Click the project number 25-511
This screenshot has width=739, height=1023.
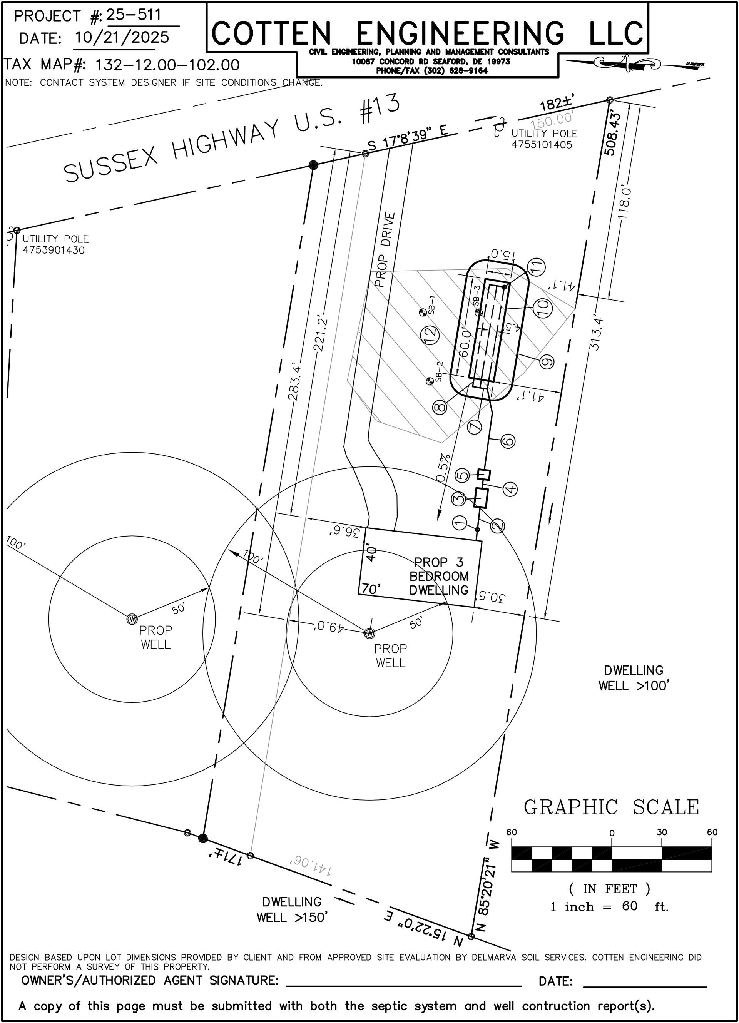[x=134, y=15]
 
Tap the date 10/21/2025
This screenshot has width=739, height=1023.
[x=121, y=37]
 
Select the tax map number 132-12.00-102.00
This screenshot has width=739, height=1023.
[x=167, y=65]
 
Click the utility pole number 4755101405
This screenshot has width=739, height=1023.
[x=542, y=145]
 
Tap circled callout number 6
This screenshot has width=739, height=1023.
[x=508, y=441]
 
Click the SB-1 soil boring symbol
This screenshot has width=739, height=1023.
[x=422, y=312]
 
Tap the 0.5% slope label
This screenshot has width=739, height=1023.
[x=445, y=468]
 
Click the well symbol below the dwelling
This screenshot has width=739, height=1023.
[x=369, y=633]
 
